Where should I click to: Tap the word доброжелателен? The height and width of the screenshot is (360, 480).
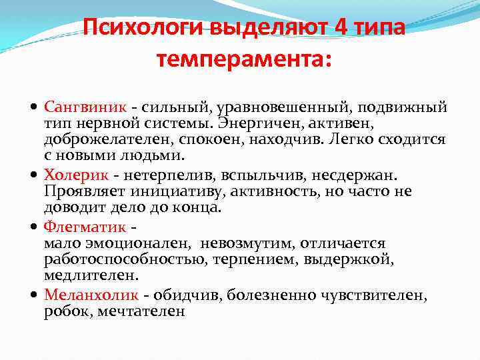tap(103, 141)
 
